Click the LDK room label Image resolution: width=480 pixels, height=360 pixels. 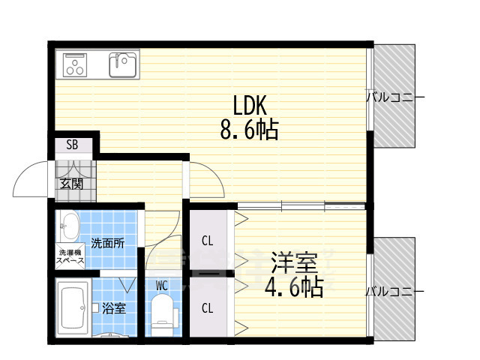250,105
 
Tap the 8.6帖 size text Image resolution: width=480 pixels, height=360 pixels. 250,130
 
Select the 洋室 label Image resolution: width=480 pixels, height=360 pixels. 295,262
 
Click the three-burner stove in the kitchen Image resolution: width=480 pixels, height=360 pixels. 75,65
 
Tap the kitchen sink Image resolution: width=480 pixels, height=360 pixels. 123,65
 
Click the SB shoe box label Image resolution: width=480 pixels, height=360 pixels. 72,145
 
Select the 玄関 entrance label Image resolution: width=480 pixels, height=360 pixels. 71,184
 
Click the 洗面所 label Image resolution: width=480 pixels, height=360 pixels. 108,243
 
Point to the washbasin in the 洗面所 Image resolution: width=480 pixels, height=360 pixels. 68,226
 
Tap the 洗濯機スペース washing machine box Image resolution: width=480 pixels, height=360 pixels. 70,256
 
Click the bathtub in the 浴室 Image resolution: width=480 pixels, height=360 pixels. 73,307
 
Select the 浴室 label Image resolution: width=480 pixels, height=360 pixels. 114,308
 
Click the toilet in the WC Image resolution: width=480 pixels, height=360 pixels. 164,314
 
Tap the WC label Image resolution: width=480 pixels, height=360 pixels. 162,286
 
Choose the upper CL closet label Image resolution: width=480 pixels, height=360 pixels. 207,241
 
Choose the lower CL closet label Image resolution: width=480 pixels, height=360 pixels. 207,308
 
